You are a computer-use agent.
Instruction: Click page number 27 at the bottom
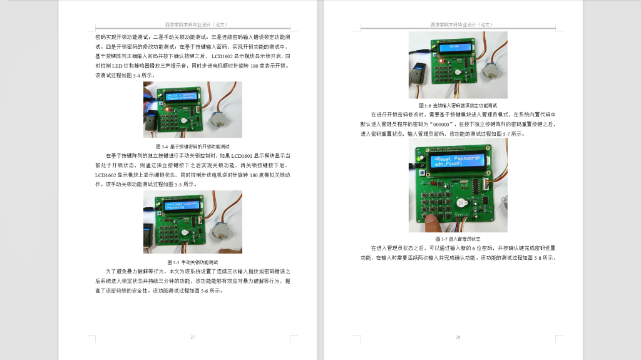coord(193,337)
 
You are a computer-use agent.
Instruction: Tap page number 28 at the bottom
coord(458,337)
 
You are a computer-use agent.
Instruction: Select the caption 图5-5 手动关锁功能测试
coord(193,261)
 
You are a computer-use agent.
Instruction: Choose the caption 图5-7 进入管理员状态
coord(458,239)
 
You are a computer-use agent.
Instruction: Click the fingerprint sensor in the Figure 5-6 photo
coord(419,75)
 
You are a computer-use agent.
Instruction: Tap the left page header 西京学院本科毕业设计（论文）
coord(192,24)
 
